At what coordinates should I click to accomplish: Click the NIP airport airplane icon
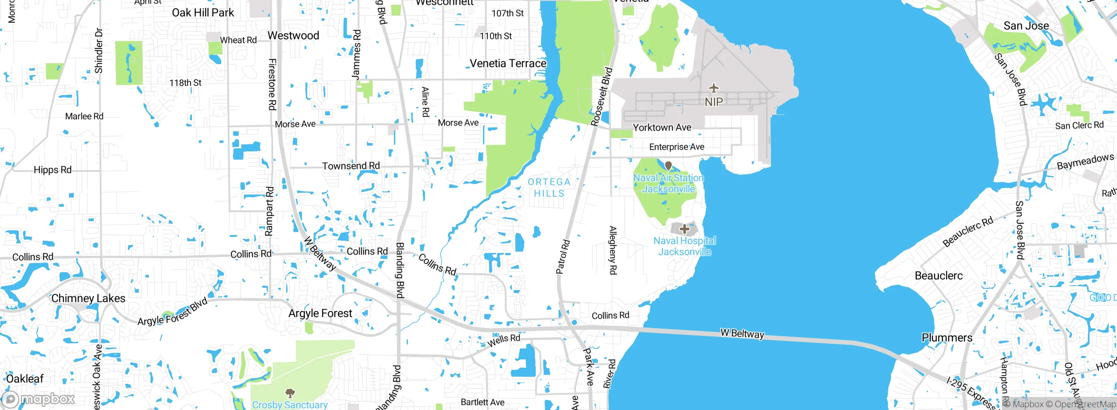[713, 89]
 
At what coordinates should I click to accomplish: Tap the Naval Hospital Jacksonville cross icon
[685, 229]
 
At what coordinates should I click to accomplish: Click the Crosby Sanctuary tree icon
[290, 393]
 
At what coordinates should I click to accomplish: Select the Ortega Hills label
[549, 188]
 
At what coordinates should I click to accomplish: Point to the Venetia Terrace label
[508, 64]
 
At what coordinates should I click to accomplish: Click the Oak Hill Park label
[203, 13]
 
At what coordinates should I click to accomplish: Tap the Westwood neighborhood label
[293, 36]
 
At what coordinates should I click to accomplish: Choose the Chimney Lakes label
[88, 298]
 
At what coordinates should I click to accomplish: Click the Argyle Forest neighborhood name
[320, 313]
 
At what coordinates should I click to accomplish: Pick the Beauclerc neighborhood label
[939, 276]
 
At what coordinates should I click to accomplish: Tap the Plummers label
[947, 338]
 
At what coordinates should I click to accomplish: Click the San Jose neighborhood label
[1026, 26]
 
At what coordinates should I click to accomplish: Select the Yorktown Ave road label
[662, 127]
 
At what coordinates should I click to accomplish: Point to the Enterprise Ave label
[676, 147]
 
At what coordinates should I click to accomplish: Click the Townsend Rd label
[351, 166]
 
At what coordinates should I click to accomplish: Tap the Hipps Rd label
[52, 170]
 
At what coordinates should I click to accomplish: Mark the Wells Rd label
[504, 340]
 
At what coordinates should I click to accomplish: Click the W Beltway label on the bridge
[742, 334]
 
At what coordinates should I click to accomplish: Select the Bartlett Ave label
[483, 402]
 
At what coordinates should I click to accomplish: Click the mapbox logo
[38, 399]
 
